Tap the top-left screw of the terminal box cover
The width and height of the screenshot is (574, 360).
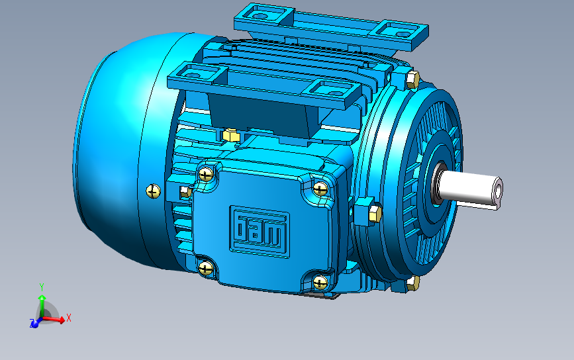207,175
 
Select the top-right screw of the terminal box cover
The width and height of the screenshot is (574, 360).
320,189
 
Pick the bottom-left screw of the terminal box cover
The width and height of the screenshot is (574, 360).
205,267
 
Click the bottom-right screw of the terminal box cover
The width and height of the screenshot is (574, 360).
321,283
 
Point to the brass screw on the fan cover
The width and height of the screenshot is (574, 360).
153,191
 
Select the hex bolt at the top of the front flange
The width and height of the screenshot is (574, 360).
411,81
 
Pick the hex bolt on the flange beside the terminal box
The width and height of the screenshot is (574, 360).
373,214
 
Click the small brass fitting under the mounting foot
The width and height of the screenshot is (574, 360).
231,135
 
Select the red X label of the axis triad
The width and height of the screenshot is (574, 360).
69,318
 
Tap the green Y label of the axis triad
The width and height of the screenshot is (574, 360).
41,287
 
